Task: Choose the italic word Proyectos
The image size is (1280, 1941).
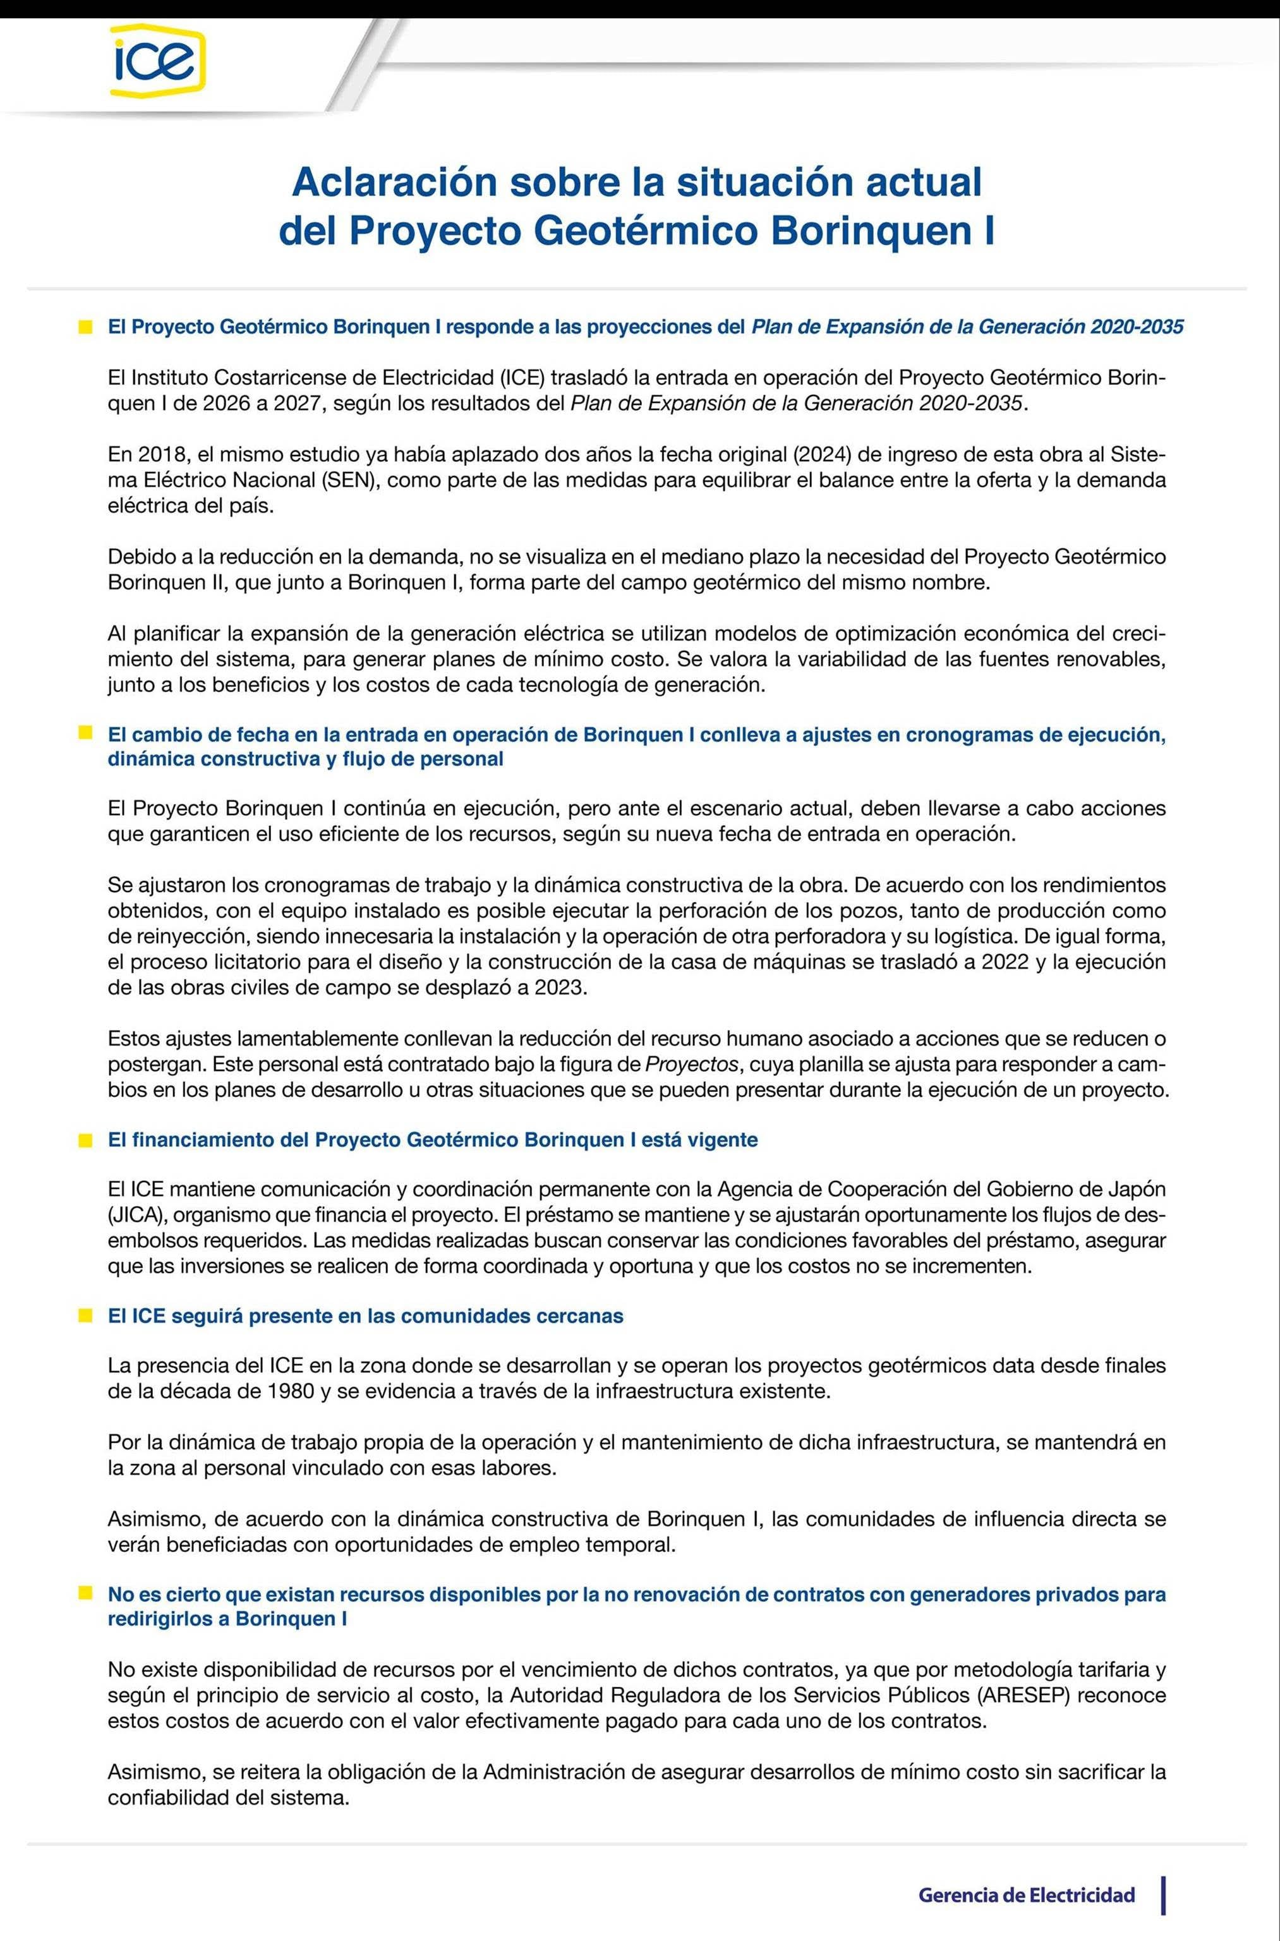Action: point(691,1065)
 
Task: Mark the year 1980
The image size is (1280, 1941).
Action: point(291,1390)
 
